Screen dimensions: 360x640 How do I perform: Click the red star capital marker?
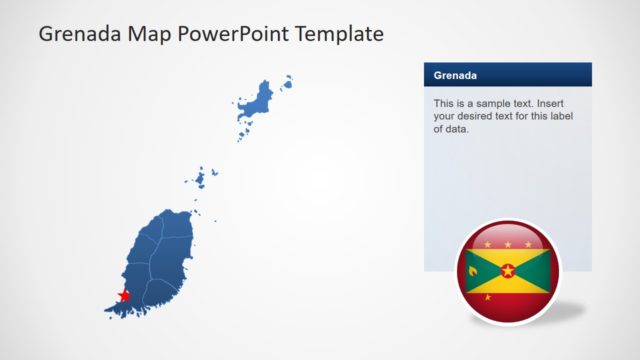click(x=124, y=295)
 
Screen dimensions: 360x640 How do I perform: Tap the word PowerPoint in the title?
click(x=227, y=34)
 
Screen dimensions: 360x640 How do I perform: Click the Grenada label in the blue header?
click(x=455, y=75)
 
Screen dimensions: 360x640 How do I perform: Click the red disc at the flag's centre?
click(x=508, y=271)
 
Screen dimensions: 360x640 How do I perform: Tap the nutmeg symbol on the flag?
click(x=472, y=271)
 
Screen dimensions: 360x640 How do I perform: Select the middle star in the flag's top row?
click(x=508, y=244)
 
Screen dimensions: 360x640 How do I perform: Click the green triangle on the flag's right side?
click(x=536, y=271)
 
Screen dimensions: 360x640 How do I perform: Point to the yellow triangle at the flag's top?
click(x=508, y=256)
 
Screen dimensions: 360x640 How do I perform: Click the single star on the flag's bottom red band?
click(x=508, y=298)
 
